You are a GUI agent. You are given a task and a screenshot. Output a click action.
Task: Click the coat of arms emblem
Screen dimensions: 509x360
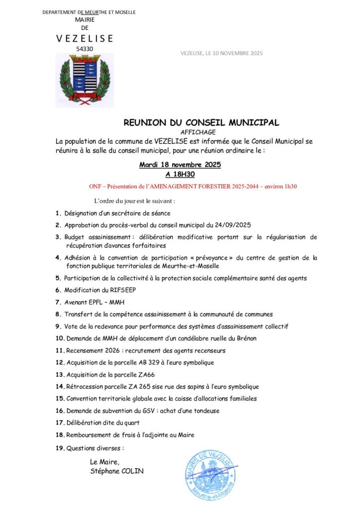(x=85, y=80)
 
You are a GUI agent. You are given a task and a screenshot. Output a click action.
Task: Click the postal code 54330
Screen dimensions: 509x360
(x=85, y=49)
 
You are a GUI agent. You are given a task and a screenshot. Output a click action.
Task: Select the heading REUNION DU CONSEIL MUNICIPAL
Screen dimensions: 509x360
(x=201, y=122)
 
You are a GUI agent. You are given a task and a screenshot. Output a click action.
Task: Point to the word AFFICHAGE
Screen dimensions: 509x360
(x=201, y=132)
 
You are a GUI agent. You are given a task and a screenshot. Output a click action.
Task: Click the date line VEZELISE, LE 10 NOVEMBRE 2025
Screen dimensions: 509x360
(x=222, y=53)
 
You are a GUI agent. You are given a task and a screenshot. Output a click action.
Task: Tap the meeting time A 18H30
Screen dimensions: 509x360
(x=180, y=174)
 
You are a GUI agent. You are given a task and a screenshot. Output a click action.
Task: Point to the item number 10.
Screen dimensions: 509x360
(x=59, y=338)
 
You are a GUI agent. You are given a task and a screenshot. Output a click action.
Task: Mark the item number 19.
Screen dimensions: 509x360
(x=59, y=448)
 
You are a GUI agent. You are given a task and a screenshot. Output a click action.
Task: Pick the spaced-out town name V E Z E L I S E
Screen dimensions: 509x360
(x=85, y=38)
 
